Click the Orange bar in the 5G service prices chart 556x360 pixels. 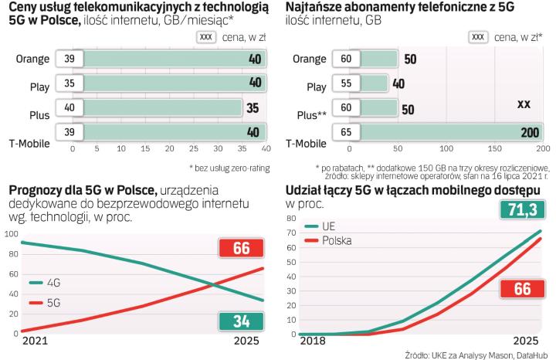[173, 59]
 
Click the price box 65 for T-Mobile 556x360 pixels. [346, 133]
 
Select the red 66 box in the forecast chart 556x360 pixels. [239, 249]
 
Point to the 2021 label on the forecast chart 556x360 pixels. [34, 341]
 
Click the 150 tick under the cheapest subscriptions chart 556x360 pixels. [493, 148]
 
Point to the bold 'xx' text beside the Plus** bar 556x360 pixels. [524, 104]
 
